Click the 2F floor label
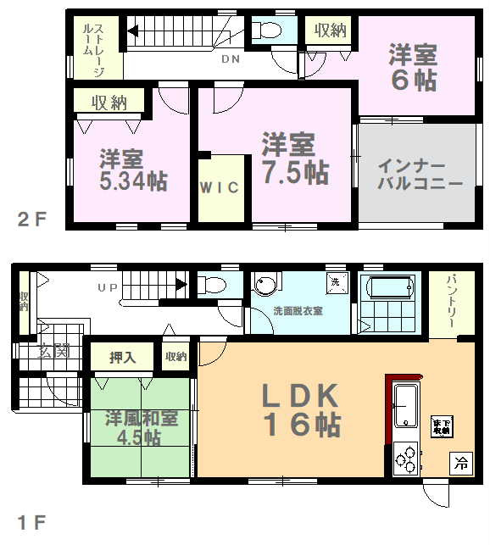[31, 220]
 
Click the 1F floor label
[31, 521]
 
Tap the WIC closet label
[220, 187]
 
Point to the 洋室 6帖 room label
[413, 69]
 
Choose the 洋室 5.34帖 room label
[131, 170]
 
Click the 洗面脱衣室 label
[297, 310]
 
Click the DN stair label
[230, 60]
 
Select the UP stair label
[107, 288]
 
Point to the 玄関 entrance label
[53, 349]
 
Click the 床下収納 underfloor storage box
[441, 426]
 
